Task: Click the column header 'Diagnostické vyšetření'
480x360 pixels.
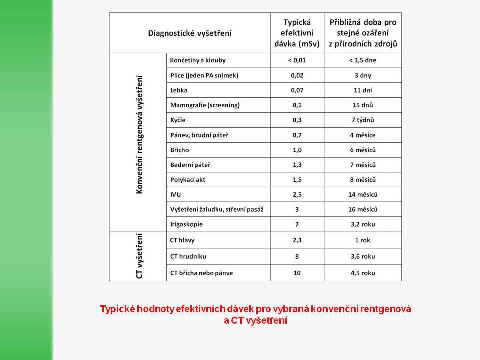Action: (190, 33)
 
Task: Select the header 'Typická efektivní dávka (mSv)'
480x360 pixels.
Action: (297, 33)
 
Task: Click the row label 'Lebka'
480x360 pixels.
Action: (178, 90)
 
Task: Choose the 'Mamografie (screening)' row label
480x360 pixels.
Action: (205, 105)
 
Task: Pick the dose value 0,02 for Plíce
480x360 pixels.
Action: (297, 75)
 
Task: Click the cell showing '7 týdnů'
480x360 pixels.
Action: (362, 120)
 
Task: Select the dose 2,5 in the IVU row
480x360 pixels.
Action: (297, 194)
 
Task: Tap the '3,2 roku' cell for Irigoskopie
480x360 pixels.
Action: (362, 224)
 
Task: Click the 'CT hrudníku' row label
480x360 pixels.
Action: (188, 256)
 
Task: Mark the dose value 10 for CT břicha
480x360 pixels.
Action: (297, 273)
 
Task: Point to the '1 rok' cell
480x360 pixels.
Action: (362, 240)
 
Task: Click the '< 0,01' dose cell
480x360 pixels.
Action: (297, 60)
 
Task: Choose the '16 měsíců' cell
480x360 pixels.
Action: (362, 209)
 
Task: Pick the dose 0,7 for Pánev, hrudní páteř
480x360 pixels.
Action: (297, 135)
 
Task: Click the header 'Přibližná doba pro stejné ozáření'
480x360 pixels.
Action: (363, 28)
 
